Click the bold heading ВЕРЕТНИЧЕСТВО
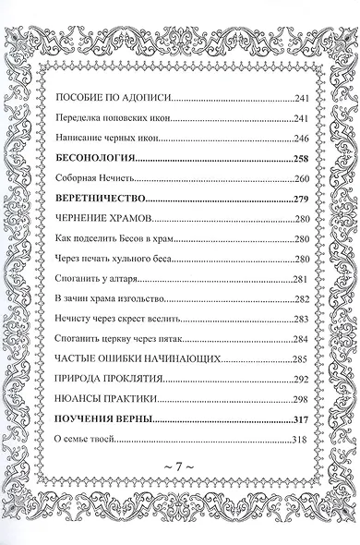coord(102,198)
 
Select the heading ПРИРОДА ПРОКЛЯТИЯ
coord(111,379)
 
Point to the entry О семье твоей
coord(85,440)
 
